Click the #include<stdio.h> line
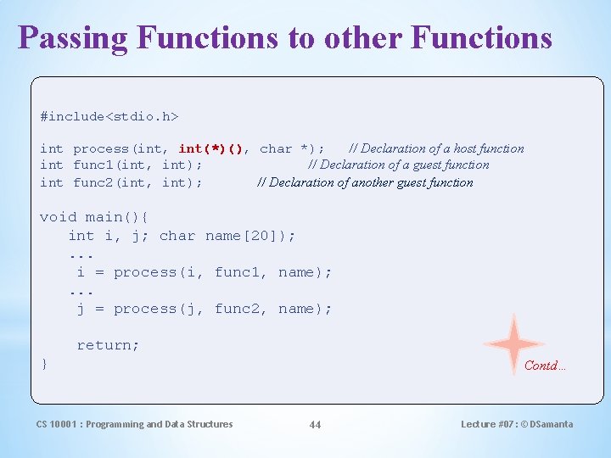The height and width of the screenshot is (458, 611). (109, 114)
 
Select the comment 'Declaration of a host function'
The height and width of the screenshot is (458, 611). (436, 148)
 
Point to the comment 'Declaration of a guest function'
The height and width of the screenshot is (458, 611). (398, 165)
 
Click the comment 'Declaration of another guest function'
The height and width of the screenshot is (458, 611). (365, 182)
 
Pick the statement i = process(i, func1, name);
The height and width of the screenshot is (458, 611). (204, 272)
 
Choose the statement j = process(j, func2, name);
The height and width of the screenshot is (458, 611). (204, 309)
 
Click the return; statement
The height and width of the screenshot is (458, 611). (108, 345)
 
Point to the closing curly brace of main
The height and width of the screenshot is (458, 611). (44, 364)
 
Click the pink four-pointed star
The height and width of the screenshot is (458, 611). (513, 343)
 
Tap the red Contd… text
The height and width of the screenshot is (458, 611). (545, 366)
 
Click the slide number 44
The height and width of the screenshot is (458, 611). (315, 424)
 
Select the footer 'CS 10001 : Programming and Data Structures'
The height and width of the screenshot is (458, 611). (134, 424)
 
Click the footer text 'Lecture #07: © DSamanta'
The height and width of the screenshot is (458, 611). (516, 424)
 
